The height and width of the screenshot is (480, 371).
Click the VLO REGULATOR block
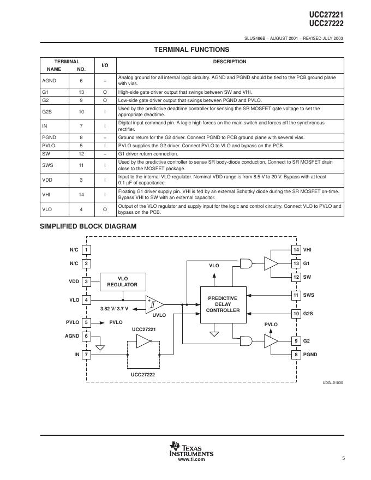tap(122, 281)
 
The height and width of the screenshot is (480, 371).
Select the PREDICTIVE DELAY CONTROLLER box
tap(223, 304)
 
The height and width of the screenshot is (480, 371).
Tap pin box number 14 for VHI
tap(296, 250)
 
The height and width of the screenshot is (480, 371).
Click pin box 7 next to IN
tap(86, 355)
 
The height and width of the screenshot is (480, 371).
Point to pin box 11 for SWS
tap(296, 295)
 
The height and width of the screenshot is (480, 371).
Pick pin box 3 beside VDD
tap(86, 281)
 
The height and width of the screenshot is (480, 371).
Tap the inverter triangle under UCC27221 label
tap(143, 342)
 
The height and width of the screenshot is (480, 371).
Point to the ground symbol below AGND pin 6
tap(100, 347)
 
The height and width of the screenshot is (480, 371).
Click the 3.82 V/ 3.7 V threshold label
tap(115, 309)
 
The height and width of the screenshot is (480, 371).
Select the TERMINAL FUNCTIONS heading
tap(191, 50)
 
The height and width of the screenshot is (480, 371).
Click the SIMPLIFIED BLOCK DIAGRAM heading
tap(88, 226)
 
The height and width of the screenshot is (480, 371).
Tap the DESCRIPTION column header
tap(229, 62)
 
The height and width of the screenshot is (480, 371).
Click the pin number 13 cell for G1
tap(81, 93)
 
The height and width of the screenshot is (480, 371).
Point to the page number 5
tap(344, 458)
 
